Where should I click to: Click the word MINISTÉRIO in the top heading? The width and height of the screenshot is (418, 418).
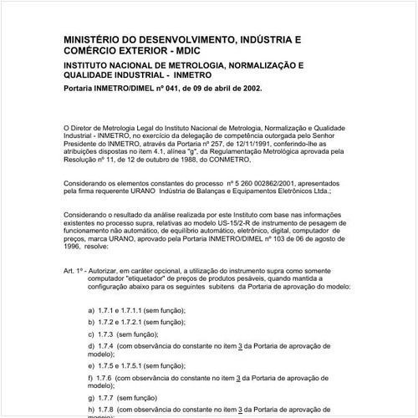click(95, 38)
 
